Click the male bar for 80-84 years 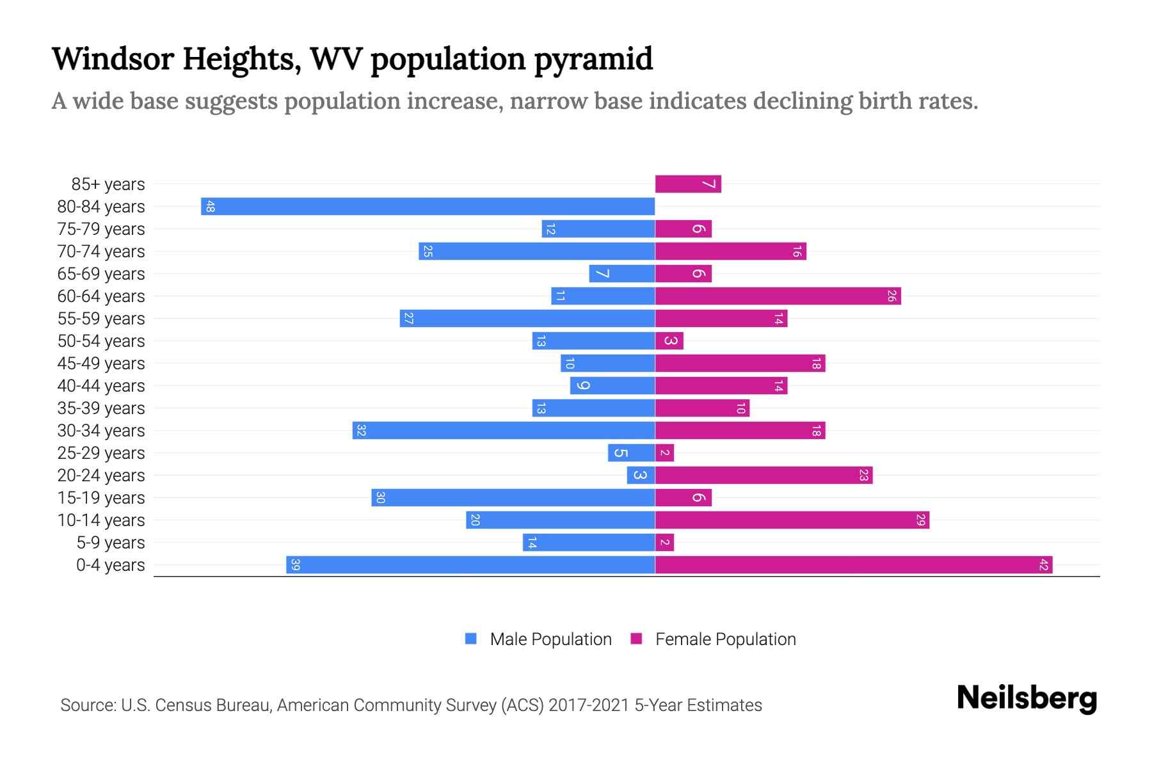(428, 206)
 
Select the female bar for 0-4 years (853, 564)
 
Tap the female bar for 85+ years (687, 184)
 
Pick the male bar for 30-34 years (503, 430)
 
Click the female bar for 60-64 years (778, 296)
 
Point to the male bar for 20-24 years (641, 475)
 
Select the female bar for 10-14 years (792, 520)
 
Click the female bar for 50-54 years (669, 340)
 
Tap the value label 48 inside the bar (210, 206)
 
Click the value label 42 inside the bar (1043, 564)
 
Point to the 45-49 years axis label (101, 363)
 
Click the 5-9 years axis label (110, 542)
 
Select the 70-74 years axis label (101, 251)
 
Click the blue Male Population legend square (471, 639)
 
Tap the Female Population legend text (725, 639)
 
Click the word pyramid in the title (593, 59)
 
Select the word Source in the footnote (88, 705)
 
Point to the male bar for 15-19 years (513, 497)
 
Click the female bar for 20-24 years (764, 475)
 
